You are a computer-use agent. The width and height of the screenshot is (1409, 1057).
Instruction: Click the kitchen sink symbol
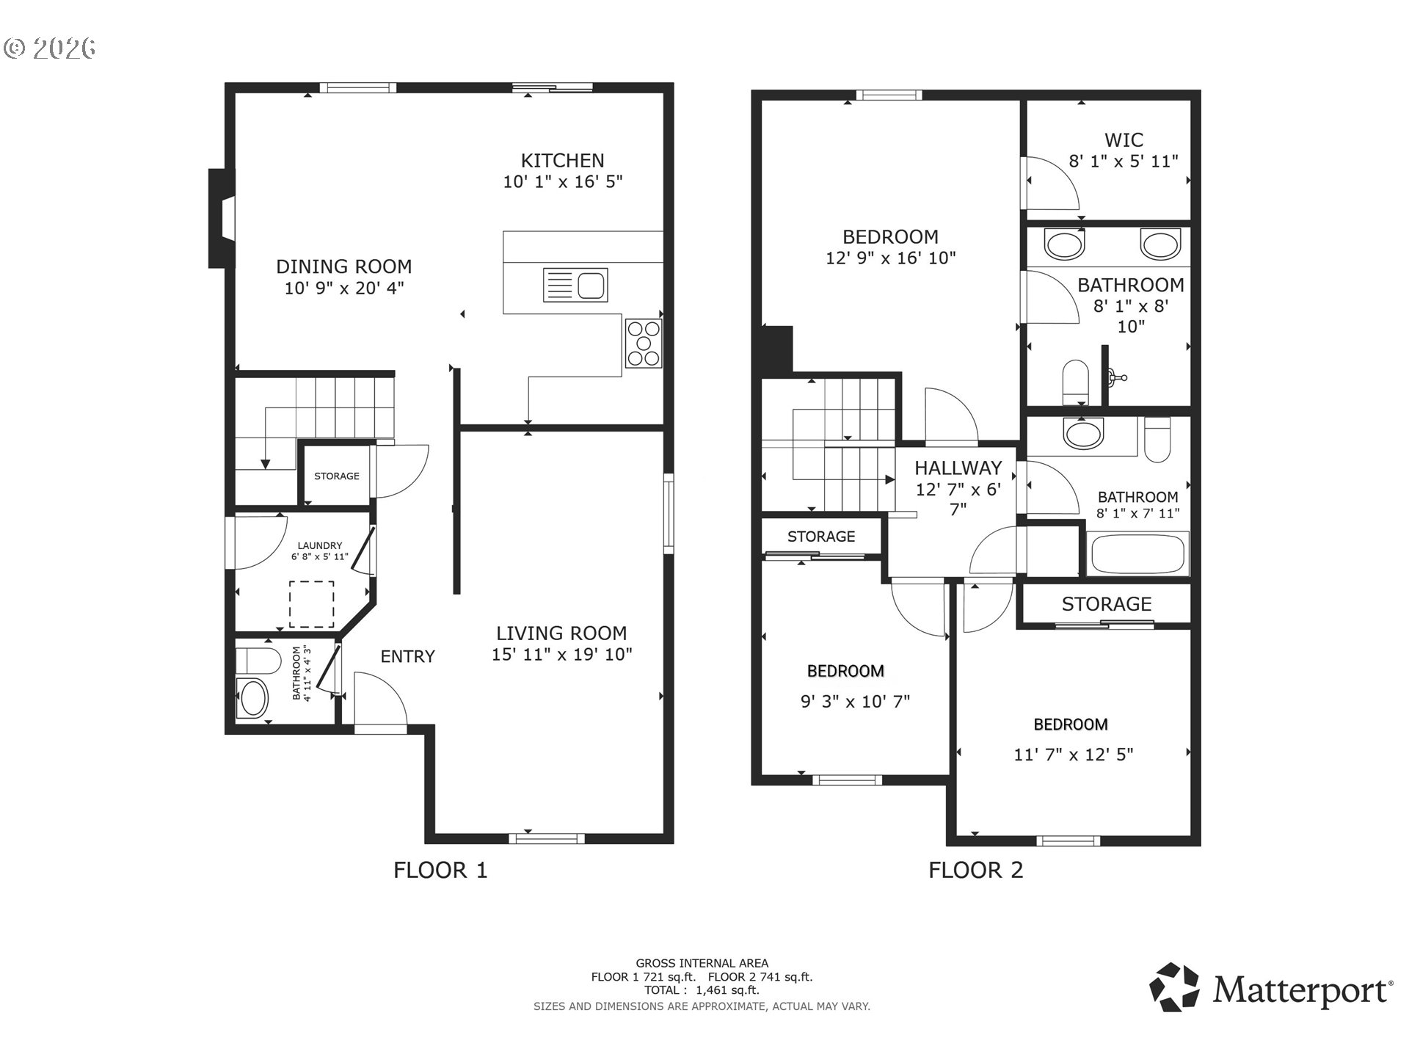(x=575, y=285)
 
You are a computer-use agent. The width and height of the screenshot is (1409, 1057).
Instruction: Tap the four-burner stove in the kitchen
(x=644, y=343)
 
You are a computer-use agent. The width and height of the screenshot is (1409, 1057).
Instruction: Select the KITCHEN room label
(x=563, y=160)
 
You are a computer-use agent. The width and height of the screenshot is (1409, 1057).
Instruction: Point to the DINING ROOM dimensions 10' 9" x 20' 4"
(x=344, y=288)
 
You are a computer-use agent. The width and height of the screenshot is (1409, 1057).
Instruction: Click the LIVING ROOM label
(x=561, y=633)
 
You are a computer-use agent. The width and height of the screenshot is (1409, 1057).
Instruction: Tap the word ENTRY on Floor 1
(x=407, y=656)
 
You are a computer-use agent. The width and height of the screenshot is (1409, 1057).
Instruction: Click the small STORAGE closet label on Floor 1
(x=337, y=476)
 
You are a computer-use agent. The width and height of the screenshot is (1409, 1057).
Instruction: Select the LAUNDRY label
(x=320, y=545)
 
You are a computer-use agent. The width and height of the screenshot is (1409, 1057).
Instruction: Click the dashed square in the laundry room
(x=312, y=604)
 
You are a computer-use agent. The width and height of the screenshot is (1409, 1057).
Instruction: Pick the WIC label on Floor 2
(x=1124, y=139)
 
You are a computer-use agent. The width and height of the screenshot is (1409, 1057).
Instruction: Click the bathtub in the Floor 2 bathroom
(x=1138, y=554)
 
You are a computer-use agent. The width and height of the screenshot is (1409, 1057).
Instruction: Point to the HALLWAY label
(x=958, y=468)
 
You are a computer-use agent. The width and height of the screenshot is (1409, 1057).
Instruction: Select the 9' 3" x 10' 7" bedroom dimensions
(x=855, y=701)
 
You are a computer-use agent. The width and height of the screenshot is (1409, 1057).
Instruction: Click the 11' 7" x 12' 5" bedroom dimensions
(x=1074, y=754)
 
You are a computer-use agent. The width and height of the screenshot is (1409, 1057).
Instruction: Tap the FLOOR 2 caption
(x=975, y=870)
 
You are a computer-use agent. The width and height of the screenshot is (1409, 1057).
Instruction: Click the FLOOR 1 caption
(x=440, y=870)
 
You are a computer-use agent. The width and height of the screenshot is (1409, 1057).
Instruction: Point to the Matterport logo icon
(x=1174, y=987)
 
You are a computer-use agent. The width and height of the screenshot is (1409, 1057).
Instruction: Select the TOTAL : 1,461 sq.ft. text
(x=702, y=990)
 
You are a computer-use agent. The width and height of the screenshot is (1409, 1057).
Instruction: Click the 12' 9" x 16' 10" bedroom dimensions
(x=891, y=258)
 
